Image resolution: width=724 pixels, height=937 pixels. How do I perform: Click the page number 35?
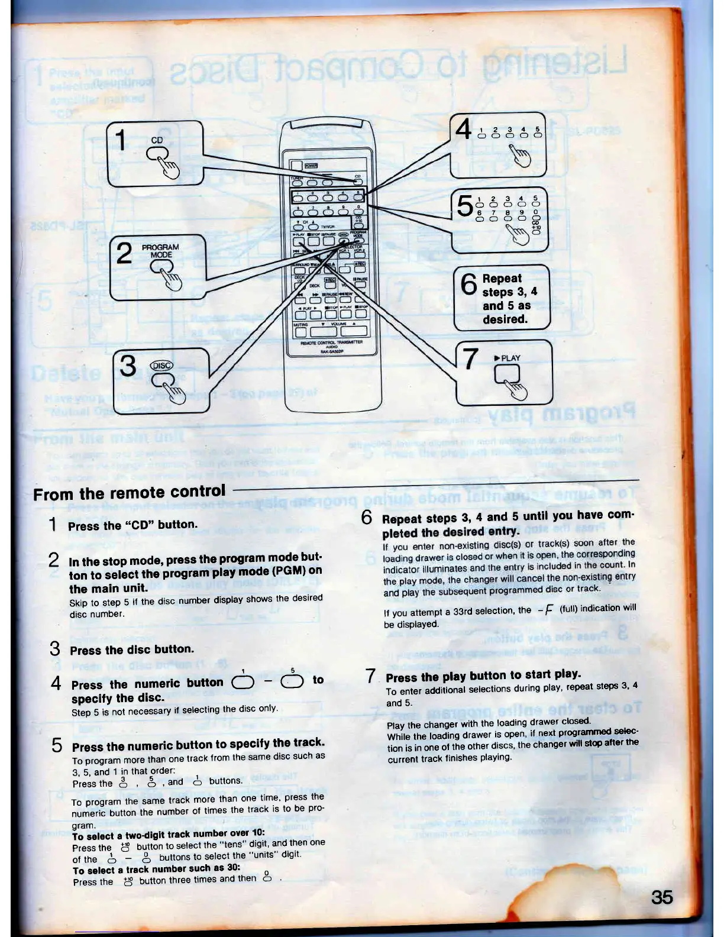point(661,897)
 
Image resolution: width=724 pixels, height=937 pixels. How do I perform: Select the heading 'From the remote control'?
point(130,492)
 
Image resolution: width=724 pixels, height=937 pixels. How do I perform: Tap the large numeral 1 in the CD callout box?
point(121,141)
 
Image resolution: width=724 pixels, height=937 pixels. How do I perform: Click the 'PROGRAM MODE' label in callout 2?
point(160,251)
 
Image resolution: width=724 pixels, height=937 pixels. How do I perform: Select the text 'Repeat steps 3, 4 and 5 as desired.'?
point(506,299)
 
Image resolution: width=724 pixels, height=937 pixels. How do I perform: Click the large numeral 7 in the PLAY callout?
point(470,358)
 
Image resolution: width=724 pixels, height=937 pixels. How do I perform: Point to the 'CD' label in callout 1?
point(157,140)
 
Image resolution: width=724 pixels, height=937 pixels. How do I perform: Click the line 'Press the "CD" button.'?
point(132,525)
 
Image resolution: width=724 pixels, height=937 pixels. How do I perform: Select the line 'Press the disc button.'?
point(131,650)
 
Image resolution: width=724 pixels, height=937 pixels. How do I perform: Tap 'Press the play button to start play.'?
point(483,676)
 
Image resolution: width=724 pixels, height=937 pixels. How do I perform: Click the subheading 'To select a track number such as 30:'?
point(156,869)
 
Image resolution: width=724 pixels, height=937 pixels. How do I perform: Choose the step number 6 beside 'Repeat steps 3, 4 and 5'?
point(367,518)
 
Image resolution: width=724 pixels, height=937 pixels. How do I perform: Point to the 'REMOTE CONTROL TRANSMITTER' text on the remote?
point(328,343)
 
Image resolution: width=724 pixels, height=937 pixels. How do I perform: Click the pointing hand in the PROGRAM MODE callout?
point(171,279)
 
